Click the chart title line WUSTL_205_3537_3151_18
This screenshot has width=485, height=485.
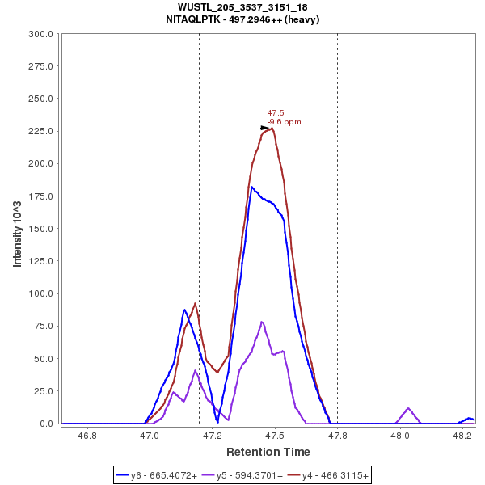[x=242, y=7]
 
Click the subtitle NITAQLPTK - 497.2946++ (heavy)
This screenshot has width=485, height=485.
[x=242, y=19]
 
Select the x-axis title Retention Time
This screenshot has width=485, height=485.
[x=268, y=451]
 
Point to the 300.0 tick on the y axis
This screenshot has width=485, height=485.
[x=40, y=34]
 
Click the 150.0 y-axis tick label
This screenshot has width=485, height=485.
[x=40, y=229]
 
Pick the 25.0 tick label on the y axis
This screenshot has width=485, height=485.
[x=43, y=391]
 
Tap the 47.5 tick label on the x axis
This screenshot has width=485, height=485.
[x=275, y=436]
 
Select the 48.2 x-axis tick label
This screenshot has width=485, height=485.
[x=462, y=436]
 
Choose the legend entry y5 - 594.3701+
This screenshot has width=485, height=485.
[x=242, y=476]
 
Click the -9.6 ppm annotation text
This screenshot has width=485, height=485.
[x=285, y=122]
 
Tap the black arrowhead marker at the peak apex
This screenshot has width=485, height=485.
[x=265, y=128]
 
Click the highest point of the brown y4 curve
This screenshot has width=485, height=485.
[x=272, y=128]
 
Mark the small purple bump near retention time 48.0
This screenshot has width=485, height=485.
[x=408, y=409]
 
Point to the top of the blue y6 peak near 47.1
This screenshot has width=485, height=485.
[x=184, y=310]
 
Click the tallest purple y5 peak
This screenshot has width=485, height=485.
[x=262, y=322]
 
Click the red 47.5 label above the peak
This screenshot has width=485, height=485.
[x=276, y=113]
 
